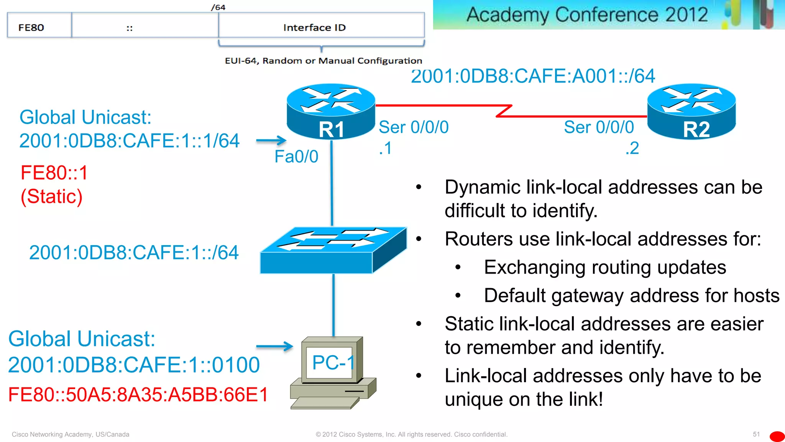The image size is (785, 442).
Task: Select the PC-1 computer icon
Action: [x=333, y=372]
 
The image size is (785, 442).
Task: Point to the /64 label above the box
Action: [x=218, y=7]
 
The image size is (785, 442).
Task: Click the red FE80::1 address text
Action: [x=54, y=173]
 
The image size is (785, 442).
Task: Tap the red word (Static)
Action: [x=51, y=196]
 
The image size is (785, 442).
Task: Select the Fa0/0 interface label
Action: [x=296, y=157]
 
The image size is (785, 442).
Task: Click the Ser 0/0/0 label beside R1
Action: [x=414, y=127]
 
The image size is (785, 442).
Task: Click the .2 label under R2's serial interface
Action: [x=632, y=148]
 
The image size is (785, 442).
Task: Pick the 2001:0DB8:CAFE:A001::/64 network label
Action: [x=533, y=76]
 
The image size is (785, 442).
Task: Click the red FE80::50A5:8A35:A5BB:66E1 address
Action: [x=138, y=394]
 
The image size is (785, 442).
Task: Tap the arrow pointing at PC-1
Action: [x=274, y=346]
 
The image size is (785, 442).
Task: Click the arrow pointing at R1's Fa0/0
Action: [x=271, y=140]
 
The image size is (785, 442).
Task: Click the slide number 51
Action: [x=756, y=434]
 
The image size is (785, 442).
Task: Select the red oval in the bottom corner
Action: [x=777, y=437]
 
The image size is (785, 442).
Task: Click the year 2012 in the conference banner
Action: [x=686, y=15]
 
